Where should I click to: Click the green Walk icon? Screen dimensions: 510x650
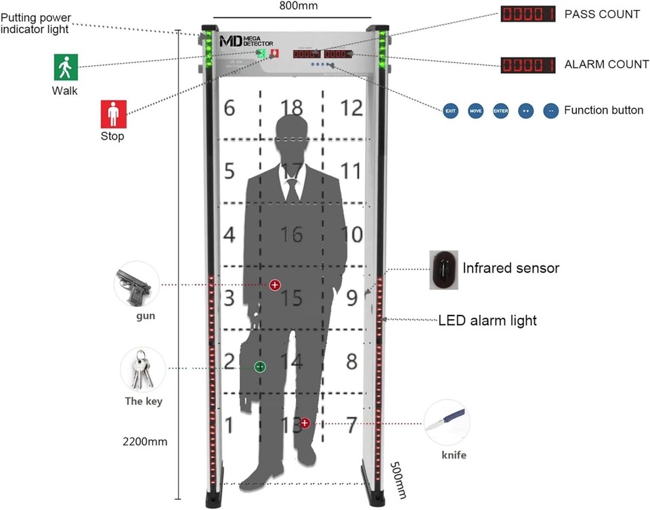click(66, 67)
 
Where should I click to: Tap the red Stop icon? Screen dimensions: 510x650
click(112, 113)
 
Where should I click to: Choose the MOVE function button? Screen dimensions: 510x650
click(475, 111)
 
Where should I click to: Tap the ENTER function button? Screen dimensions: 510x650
click(500, 111)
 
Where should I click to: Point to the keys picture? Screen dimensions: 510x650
click(142, 369)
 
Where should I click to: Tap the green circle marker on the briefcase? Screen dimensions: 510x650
click(260, 367)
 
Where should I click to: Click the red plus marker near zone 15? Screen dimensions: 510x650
click(275, 285)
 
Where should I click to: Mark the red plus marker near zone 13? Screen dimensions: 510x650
click(305, 423)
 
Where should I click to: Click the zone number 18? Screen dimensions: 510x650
click(292, 108)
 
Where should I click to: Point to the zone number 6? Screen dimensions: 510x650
click(230, 108)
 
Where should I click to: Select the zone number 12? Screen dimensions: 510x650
click(352, 108)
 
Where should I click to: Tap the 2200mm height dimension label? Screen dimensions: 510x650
click(144, 442)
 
